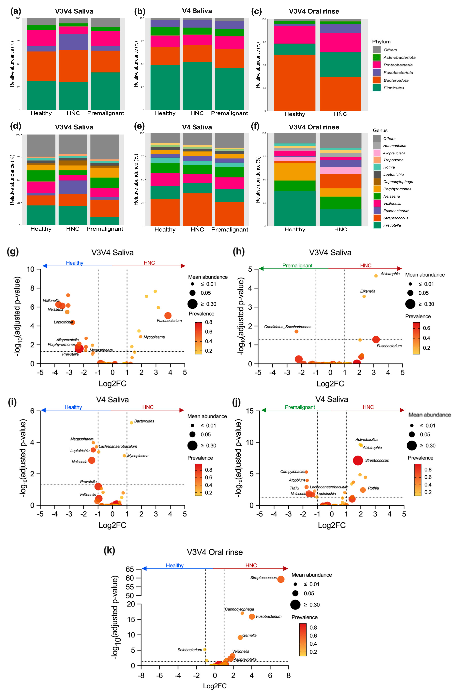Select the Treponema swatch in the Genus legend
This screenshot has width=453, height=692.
(x=377, y=160)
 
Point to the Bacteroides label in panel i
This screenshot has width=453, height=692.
(x=144, y=421)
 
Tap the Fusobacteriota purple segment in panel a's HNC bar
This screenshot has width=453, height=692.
(x=73, y=42)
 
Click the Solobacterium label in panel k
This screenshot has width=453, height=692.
(x=190, y=649)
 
